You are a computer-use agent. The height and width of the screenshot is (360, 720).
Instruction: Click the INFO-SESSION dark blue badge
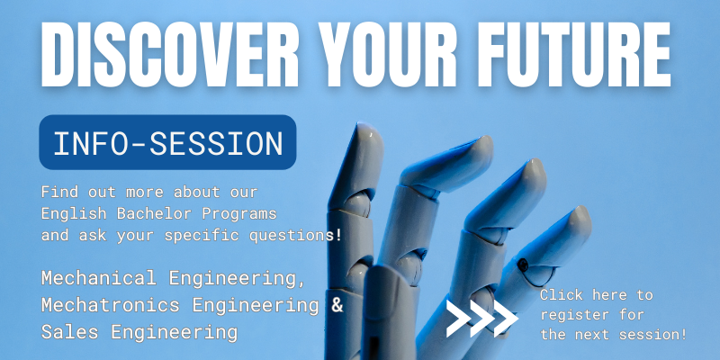(x=168, y=142)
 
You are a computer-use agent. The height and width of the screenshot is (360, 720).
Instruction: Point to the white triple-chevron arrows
(x=481, y=316)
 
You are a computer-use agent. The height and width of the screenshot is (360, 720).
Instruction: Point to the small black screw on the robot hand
(x=523, y=265)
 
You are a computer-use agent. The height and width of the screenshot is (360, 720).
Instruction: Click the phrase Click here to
(x=596, y=295)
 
